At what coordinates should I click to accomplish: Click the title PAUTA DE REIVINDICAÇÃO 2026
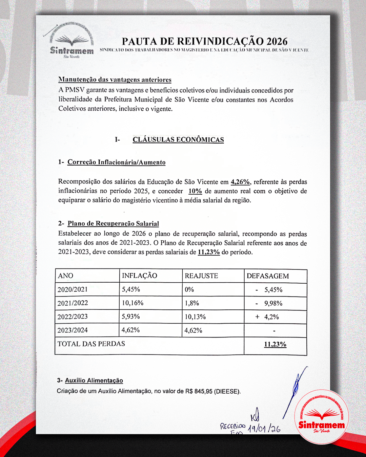coord(204,41)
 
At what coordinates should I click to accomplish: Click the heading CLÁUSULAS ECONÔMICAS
coord(178,139)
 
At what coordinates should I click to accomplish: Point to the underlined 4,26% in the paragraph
coord(240,182)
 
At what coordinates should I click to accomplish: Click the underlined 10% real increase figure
coord(195,191)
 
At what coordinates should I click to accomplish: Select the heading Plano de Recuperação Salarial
coord(113,223)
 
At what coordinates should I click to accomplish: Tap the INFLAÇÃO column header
coord(139,276)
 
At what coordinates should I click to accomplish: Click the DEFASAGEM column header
coord(268,276)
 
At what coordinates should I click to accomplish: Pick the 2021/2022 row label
coord(73,303)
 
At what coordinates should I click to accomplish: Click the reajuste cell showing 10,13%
coord(195,317)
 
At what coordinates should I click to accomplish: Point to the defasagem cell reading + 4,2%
coord(267,317)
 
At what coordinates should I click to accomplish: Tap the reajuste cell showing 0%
coord(189,289)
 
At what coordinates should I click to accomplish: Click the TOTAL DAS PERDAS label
coord(91,344)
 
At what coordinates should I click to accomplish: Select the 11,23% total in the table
coord(275,344)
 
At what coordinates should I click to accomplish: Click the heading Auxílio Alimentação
coord(94,380)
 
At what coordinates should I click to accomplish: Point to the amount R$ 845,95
coord(199,391)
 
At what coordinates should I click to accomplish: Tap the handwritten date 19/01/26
coord(264,429)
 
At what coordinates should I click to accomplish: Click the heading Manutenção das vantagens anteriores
coord(115,80)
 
